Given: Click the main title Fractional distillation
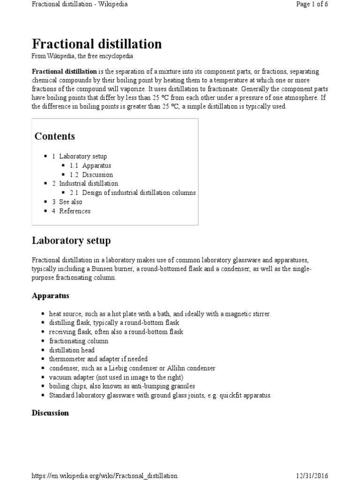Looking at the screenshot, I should [97, 44].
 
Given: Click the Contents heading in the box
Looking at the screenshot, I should [55, 136].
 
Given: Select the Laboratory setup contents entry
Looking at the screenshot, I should [83, 157].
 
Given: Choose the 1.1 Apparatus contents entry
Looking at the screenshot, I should [97, 165].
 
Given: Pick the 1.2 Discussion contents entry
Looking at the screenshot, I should [97, 175].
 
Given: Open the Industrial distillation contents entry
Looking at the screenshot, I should [89, 184].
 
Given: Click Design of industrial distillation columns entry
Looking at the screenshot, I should [139, 193].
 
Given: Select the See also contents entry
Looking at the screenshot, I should [70, 202].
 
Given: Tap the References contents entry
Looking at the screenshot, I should [75, 211].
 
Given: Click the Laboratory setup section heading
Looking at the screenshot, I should [71, 241].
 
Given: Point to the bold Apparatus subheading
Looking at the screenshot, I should [51, 296].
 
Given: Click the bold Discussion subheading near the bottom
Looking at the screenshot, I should [50, 413].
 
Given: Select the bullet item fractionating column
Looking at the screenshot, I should [79, 341].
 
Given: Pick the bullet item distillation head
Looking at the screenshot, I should [72, 350].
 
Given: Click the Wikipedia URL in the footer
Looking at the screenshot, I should [105, 476].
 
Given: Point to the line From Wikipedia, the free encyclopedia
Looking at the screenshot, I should [82, 56].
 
